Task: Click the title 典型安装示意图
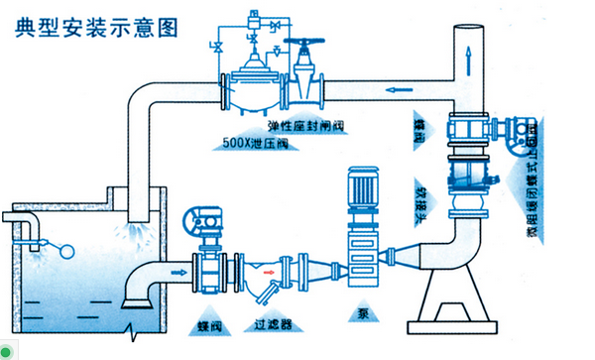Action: (97, 26)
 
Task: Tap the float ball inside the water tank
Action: (67, 250)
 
